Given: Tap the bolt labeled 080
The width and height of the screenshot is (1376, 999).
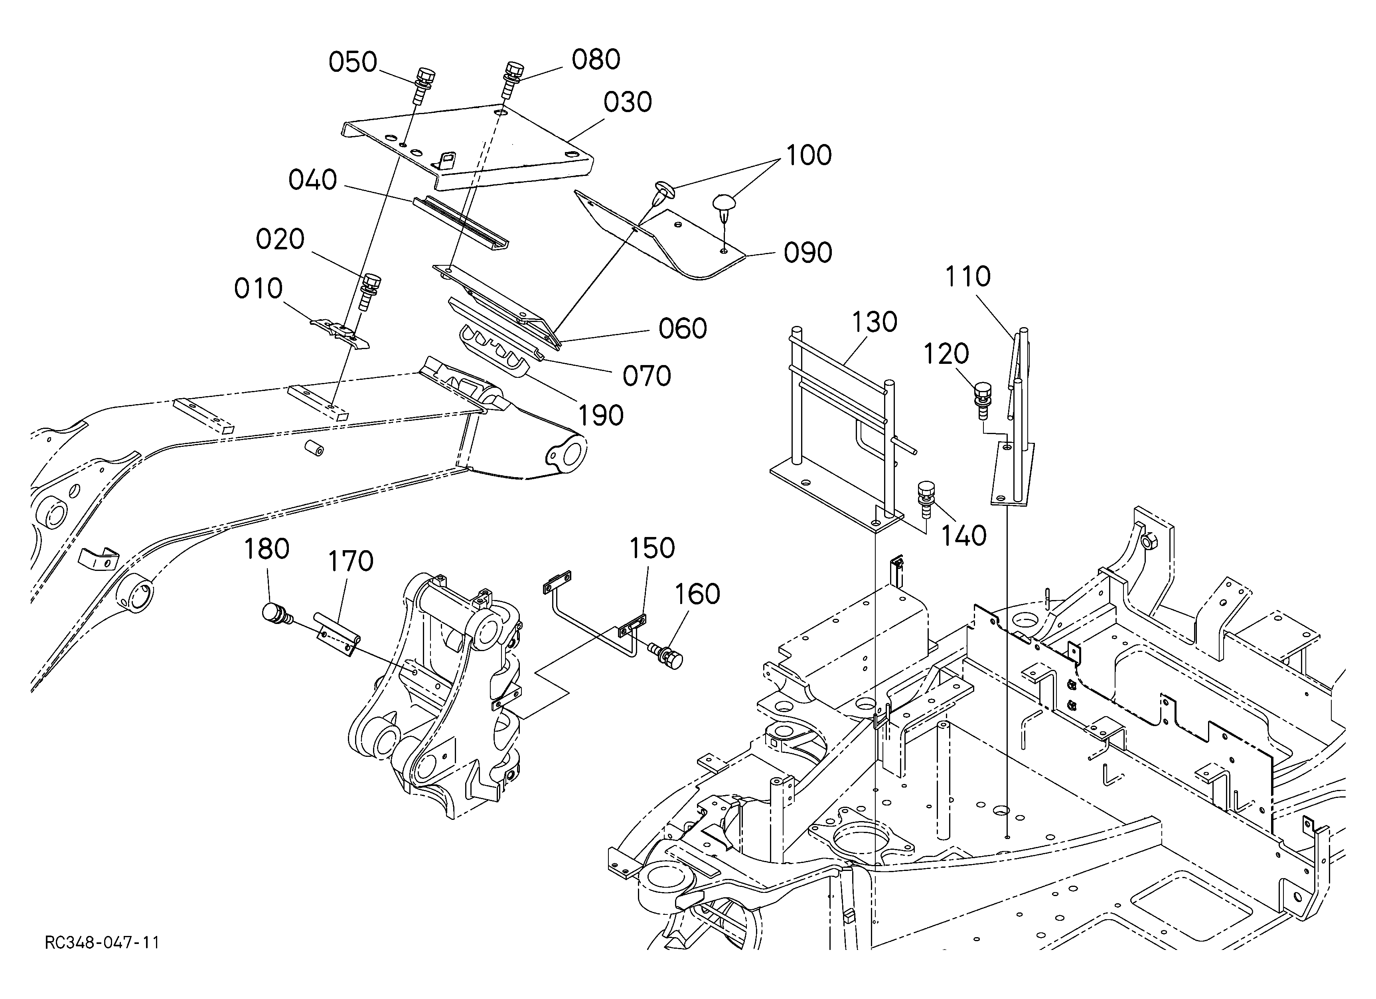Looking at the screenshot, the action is [x=514, y=79].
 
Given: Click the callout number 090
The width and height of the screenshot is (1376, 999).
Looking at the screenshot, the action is [x=807, y=253].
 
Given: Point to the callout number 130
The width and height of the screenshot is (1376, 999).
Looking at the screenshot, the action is [x=874, y=323].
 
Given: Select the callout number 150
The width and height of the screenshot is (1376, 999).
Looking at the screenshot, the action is [x=651, y=548].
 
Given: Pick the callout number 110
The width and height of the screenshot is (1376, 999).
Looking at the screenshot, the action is [x=968, y=277].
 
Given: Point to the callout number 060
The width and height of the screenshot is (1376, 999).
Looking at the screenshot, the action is [x=683, y=329].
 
